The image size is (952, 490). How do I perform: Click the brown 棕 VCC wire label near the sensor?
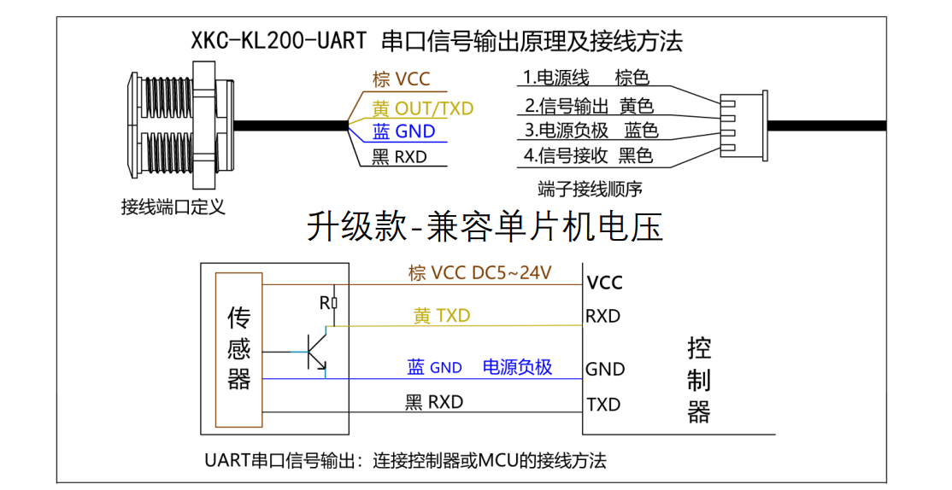click(401, 79)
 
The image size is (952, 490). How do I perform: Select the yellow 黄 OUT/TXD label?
click(422, 108)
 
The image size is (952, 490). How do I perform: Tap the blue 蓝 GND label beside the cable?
click(403, 131)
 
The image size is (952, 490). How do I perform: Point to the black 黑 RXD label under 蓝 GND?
click(399, 157)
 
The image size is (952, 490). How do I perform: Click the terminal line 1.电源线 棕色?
click(586, 79)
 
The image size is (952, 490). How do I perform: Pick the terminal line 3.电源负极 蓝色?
click(591, 131)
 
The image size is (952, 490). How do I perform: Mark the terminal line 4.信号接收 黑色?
click(588, 155)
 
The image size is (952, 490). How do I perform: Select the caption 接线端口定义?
click(173, 207)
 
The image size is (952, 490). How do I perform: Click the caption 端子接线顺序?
click(591, 188)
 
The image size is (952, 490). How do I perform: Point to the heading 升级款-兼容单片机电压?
click(485, 228)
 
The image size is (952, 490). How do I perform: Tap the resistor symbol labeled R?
click(334, 302)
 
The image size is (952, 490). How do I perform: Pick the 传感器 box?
click(239, 350)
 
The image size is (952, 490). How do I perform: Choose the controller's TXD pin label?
click(603, 405)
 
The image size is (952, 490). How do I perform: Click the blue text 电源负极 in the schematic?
click(517, 367)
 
